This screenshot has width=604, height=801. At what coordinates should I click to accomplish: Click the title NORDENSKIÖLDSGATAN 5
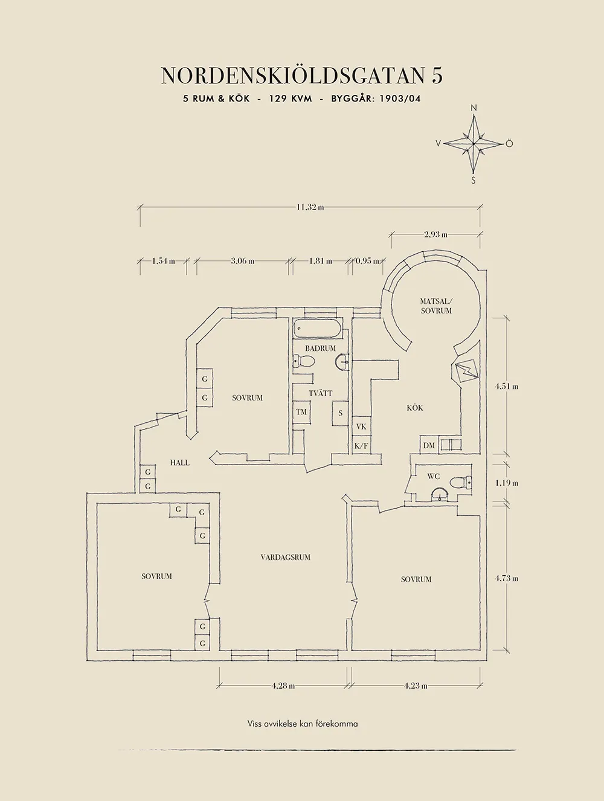301,76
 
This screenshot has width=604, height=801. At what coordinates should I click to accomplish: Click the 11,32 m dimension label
310,207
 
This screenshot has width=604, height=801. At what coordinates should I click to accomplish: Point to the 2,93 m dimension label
435,234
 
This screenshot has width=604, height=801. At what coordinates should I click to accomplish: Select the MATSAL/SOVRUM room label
436,306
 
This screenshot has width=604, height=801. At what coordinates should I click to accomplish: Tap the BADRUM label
320,349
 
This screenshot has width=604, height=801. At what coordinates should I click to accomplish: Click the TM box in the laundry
301,412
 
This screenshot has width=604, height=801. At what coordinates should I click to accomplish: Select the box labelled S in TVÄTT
341,413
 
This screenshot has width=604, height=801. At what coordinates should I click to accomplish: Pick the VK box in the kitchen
361,426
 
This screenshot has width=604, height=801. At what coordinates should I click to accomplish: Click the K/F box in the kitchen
361,446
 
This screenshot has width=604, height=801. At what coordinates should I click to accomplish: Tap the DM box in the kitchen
429,446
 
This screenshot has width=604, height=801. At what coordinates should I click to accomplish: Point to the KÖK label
415,408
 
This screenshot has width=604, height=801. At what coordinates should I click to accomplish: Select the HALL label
179,463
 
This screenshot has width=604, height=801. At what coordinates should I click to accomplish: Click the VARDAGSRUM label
286,557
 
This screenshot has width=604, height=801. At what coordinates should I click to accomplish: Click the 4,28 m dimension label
283,686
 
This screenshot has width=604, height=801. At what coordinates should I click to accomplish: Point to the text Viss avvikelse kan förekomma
302,723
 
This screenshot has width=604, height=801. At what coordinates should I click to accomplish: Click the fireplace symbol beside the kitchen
467,372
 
